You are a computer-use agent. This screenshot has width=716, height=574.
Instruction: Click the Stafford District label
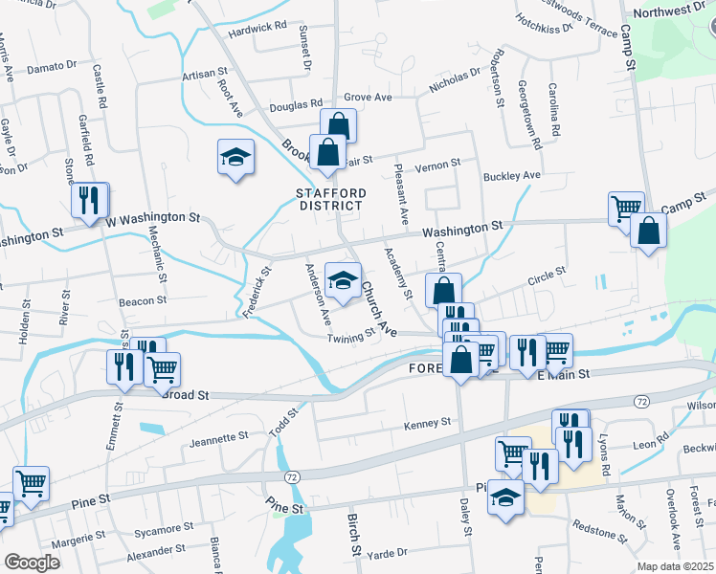pyautogui.click(x=330, y=199)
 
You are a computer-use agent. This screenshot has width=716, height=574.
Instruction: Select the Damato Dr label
pyautogui.click(x=52, y=67)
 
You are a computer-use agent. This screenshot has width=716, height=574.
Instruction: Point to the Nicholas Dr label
pyautogui.click(x=455, y=79)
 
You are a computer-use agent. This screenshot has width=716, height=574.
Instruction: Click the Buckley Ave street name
pyautogui.click(x=512, y=176)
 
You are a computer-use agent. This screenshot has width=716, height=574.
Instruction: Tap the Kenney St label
pyautogui.click(x=427, y=423)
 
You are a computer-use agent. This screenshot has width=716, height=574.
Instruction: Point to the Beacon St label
pyautogui.click(x=143, y=301)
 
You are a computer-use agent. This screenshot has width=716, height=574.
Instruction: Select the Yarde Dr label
pyautogui.click(x=388, y=552)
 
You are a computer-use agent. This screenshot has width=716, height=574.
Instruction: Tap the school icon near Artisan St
pyautogui.click(x=235, y=158)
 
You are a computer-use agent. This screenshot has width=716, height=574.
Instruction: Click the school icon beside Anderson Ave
pyautogui.click(x=342, y=279)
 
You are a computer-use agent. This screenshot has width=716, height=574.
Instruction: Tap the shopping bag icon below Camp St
pyautogui.click(x=648, y=231)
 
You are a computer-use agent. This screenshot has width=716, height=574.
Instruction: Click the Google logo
pyautogui.click(x=32, y=563)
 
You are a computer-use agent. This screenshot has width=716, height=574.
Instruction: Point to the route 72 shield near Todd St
pyautogui.click(x=292, y=476)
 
